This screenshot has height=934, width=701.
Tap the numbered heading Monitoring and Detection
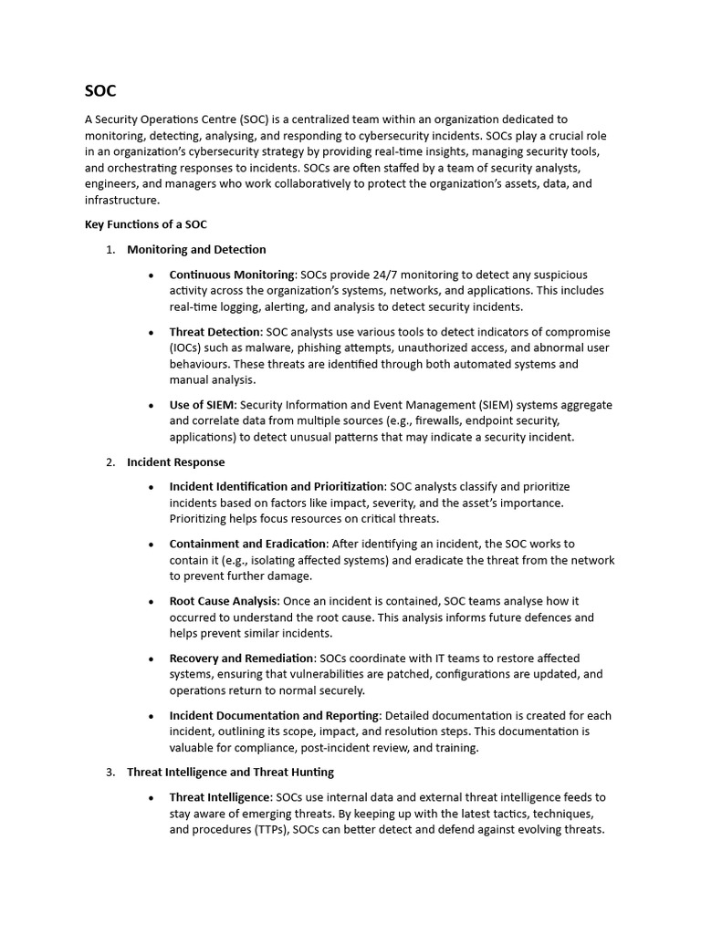pyautogui.click(x=196, y=249)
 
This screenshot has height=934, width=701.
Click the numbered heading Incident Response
pyautogui.click(x=175, y=462)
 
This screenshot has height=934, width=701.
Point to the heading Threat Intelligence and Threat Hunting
pyautogui.click(x=230, y=772)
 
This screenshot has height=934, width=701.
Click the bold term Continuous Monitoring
pyautogui.click(x=232, y=275)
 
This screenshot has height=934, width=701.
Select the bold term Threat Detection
pyautogui.click(x=214, y=331)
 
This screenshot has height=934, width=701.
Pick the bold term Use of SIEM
pyautogui.click(x=203, y=404)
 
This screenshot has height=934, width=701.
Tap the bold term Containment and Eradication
pyautogui.click(x=247, y=544)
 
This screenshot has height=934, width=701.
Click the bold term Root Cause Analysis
pyautogui.click(x=223, y=601)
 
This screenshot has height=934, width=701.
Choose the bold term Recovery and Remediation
pyautogui.click(x=242, y=658)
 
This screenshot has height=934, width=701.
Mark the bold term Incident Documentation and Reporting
pyautogui.click(x=273, y=715)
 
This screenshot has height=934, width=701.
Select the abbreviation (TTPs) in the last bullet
pyautogui.click(x=265, y=830)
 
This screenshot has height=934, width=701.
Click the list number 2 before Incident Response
pyautogui.click(x=110, y=462)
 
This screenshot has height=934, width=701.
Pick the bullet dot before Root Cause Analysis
pyautogui.click(x=151, y=602)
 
